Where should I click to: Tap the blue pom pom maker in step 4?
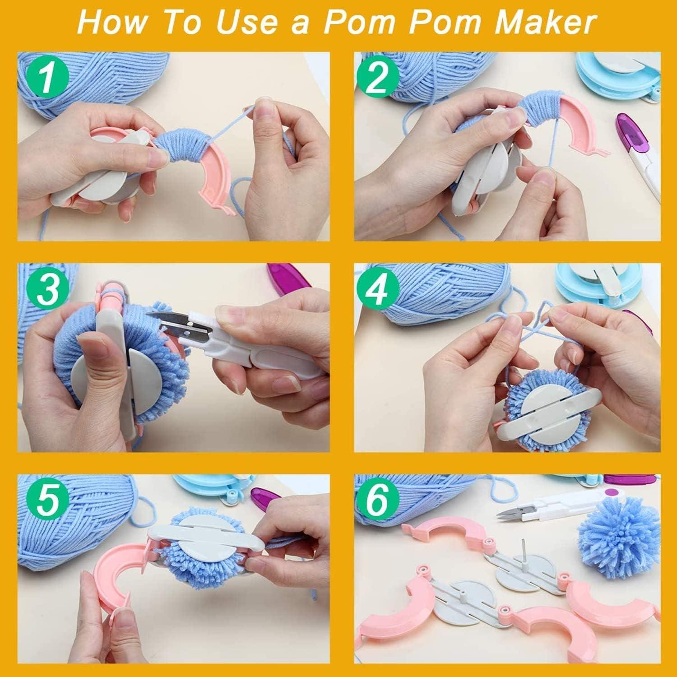[x=591, y=289]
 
